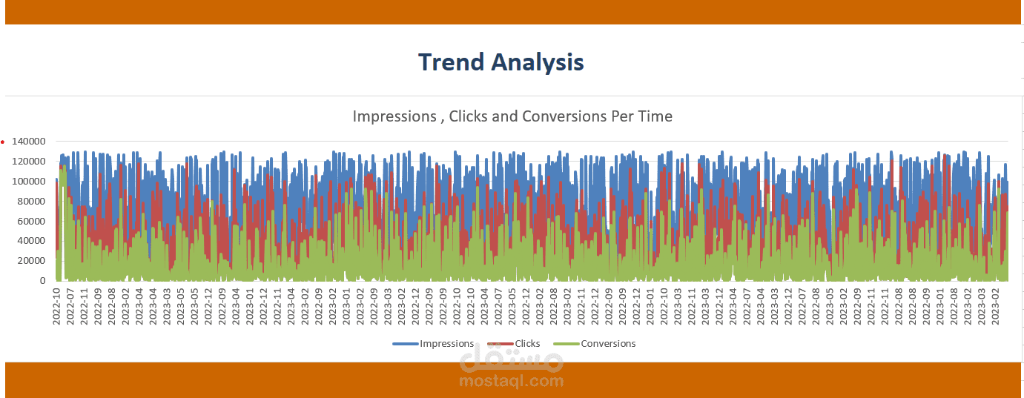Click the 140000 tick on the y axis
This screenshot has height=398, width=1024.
(x=29, y=142)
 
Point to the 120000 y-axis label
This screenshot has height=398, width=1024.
(x=29, y=162)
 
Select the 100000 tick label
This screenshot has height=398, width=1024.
(x=29, y=182)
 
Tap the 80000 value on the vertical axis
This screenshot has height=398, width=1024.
(x=32, y=202)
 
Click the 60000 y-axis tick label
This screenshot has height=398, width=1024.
(x=32, y=222)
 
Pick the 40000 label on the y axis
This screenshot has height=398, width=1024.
(x=32, y=241)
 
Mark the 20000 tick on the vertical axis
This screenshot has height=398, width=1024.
(x=32, y=261)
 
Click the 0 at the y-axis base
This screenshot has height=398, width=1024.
(x=43, y=281)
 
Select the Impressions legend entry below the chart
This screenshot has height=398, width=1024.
(x=446, y=344)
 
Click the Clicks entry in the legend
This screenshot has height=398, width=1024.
(x=527, y=344)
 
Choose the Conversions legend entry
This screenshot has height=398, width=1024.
(x=608, y=344)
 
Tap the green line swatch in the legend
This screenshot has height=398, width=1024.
(x=566, y=344)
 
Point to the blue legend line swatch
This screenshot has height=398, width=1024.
(x=406, y=344)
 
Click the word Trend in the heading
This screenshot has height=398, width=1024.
(x=452, y=62)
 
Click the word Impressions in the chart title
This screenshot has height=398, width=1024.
(x=394, y=116)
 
